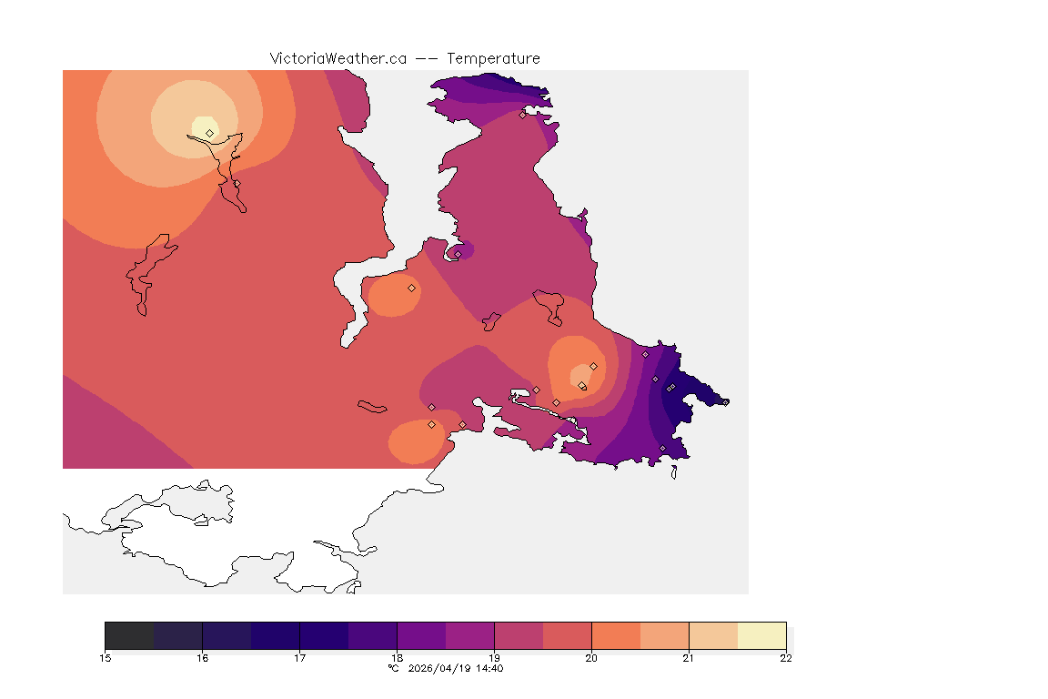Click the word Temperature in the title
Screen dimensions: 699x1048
(x=494, y=58)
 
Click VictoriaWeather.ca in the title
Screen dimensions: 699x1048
(x=338, y=58)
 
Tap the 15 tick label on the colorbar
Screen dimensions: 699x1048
(x=106, y=658)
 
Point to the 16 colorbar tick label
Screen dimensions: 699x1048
(x=203, y=658)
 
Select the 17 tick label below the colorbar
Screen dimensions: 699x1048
(x=300, y=658)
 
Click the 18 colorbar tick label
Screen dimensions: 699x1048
(x=398, y=658)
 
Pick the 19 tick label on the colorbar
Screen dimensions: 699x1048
(x=495, y=658)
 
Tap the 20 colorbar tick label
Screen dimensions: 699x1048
(x=591, y=658)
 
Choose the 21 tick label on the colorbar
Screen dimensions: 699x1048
(x=689, y=658)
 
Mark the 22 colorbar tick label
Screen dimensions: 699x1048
(x=786, y=658)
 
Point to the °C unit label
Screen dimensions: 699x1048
(x=393, y=669)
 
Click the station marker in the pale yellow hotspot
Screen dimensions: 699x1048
(x=210, y=133)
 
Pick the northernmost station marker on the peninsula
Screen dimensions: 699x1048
(x=522, y=115)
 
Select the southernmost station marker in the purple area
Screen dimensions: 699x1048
(x=662, y=448)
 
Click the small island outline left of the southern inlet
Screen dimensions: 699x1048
(x=372, y=406)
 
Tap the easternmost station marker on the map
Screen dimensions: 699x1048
(x=725, y=401)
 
